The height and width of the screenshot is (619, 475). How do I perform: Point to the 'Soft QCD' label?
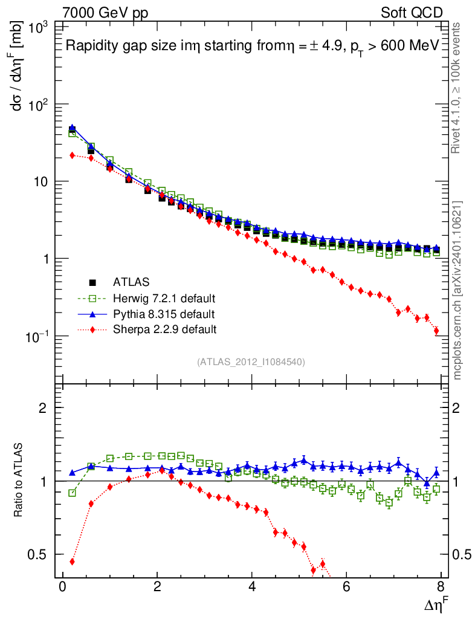pos(412,13)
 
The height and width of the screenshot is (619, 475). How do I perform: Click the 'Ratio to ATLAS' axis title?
pos(19,481)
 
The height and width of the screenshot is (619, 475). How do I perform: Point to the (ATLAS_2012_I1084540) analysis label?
pos(251,362)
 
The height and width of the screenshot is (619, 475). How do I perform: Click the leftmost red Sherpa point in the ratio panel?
pos(72,562)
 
